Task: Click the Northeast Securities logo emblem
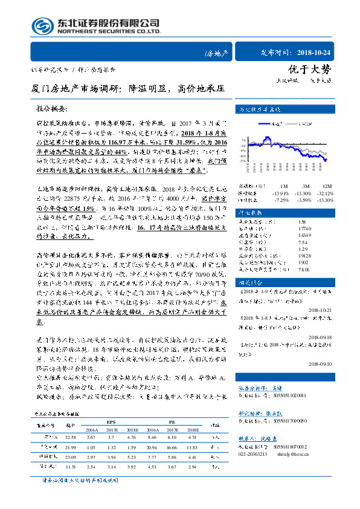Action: pyautogui.click(x=43, y=27)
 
